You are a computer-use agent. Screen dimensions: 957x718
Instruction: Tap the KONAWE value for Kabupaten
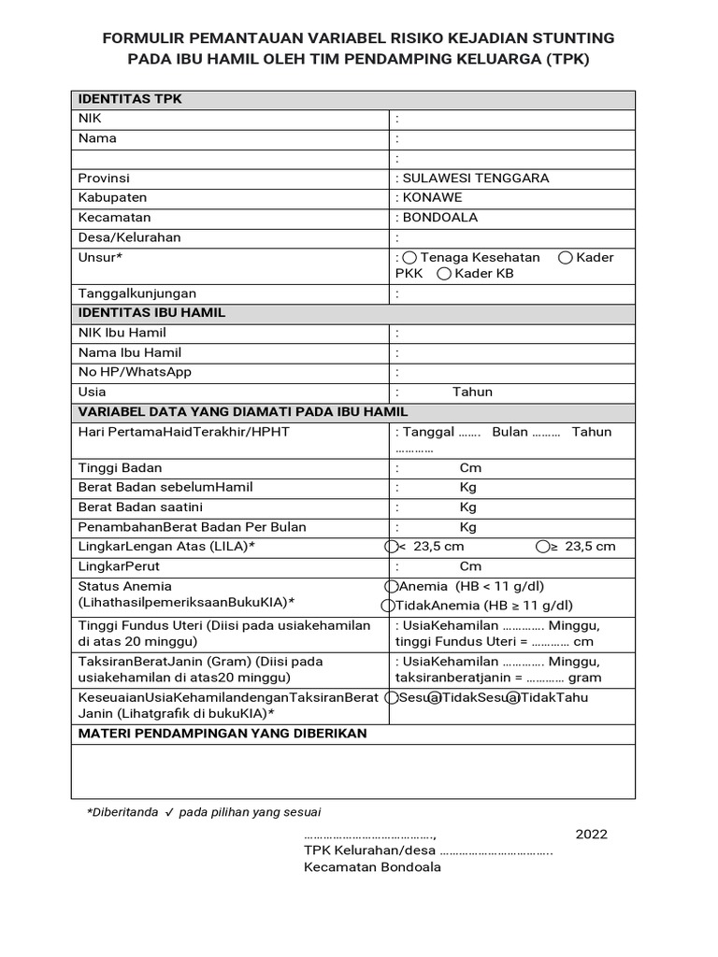pos(431,197)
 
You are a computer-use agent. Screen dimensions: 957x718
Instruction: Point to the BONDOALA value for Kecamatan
pos(438,217)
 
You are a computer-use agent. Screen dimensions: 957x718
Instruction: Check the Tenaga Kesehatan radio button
pos(409,258)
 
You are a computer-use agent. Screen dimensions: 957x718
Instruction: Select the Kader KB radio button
pos(444,274)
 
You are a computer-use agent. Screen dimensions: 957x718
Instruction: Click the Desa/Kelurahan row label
pos(129,237)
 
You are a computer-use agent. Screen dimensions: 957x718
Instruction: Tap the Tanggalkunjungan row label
pos(136,293)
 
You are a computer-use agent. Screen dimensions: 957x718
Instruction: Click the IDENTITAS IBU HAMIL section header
pos(151,313)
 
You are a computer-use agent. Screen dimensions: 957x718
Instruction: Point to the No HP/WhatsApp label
pos(135,372)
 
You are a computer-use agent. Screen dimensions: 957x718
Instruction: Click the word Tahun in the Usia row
pos(472,392)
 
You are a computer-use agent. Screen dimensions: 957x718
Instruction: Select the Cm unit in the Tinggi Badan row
pos(470,467)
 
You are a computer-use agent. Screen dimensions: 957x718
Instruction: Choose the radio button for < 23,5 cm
pos(391,547)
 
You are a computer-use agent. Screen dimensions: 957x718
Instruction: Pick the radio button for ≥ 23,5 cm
pos(542,547)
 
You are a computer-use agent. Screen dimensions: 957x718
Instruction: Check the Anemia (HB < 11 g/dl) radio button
pos(391,586)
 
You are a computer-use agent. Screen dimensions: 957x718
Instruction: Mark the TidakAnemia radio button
pos(391,606)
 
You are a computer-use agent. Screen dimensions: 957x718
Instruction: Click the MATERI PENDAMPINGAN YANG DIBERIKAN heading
pos(223,734)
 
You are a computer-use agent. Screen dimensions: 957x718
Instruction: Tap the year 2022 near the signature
pos(591,834)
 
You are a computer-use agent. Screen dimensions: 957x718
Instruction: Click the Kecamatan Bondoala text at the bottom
pos(372,866)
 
